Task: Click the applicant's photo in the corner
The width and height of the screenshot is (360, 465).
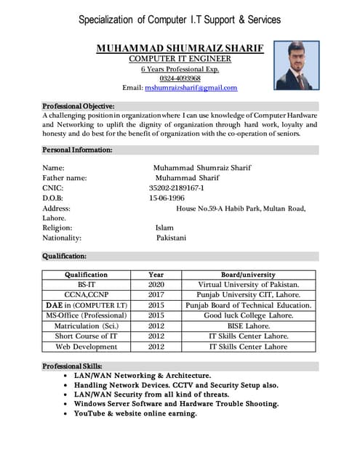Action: (297, 65)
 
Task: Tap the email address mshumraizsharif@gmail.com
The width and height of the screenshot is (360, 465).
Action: (191, 88)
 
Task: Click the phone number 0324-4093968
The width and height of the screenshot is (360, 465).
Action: (180, 78)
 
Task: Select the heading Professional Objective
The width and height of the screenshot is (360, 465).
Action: (78, 105)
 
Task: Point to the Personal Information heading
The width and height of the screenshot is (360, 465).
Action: (77, 150)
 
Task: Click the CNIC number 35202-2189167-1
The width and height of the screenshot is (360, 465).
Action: (177, 187)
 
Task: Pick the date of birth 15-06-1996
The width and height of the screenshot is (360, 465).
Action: (167, 198)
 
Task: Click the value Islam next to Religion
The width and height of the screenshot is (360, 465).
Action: (164, 227)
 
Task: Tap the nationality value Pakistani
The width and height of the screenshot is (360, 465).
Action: (171, 238)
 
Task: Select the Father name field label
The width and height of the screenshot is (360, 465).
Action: (65, 177)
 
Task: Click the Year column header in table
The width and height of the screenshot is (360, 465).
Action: (156, 275)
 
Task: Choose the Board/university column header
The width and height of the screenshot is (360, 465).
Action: (248, 275)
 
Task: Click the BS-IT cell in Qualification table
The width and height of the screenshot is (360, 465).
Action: (86, 285)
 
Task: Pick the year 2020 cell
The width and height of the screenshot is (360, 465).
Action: (156, 285)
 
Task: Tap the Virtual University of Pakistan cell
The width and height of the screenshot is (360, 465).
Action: (248, 285)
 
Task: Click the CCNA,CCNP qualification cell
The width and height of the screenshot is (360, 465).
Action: (86, 295)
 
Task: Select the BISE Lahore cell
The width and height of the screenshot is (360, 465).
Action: (248, 326)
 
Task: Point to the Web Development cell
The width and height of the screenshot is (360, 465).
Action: (86, 347)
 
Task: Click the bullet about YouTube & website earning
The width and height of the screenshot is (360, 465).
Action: (135, 413)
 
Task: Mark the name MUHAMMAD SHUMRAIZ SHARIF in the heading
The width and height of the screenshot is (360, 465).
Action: (180, 48)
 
